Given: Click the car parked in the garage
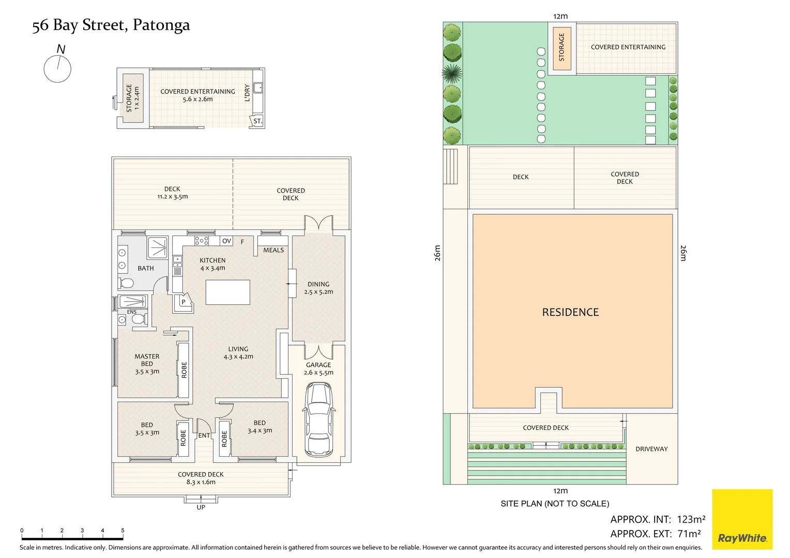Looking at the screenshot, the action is [x=318, y=420].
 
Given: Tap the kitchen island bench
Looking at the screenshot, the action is [x=228, y=292].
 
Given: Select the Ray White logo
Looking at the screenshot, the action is [x=742, y=519].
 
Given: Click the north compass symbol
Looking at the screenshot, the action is [x=57, y=64].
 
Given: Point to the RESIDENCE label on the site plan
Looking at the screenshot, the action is [x=570, y=312].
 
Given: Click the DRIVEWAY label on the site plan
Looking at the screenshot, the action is [x=651, y=449].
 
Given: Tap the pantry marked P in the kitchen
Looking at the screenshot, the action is [x=184, y=302].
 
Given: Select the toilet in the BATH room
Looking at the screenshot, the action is [x=126, y=283].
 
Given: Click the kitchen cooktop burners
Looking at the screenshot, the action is [x=202, y=241].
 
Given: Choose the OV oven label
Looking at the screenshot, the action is [x=226, y=241].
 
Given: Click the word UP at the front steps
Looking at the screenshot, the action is [x=201, y=507].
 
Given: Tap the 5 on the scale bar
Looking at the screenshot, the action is [x=123, y=530].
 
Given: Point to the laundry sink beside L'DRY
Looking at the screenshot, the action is [x=258, y=87].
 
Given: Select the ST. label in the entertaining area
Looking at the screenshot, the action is [x=258, y=121].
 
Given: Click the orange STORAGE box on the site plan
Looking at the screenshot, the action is [x=562, y=49].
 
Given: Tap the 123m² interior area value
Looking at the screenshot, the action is [x=691, y=519].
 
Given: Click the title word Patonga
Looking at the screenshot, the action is [x=161, y=25].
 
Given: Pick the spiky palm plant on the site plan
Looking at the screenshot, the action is [x=452, y=74].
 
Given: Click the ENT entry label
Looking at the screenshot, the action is [x=204, y=436].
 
